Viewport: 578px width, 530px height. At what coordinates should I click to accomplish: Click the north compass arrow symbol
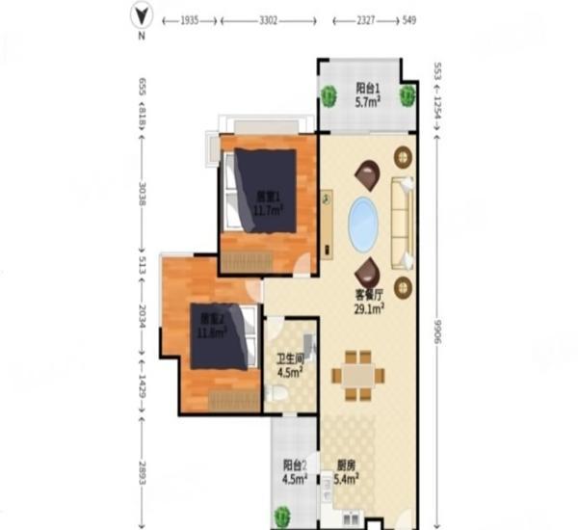(x=142, y=14)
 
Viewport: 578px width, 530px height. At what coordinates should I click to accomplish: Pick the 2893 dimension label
(x=142, y=472)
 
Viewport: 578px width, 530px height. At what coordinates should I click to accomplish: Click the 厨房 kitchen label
(x=347, y=464)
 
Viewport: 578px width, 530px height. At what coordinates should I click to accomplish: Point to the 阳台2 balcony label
(x=295, y=464)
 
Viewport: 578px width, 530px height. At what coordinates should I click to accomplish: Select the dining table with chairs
(x=358, y=375)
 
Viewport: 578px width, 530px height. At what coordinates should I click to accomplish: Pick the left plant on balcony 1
(x=329, y=95)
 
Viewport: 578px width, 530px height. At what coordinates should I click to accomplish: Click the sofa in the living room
(x=402, y=223)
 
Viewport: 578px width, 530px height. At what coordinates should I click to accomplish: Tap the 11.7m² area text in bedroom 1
(x=268, y=209)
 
